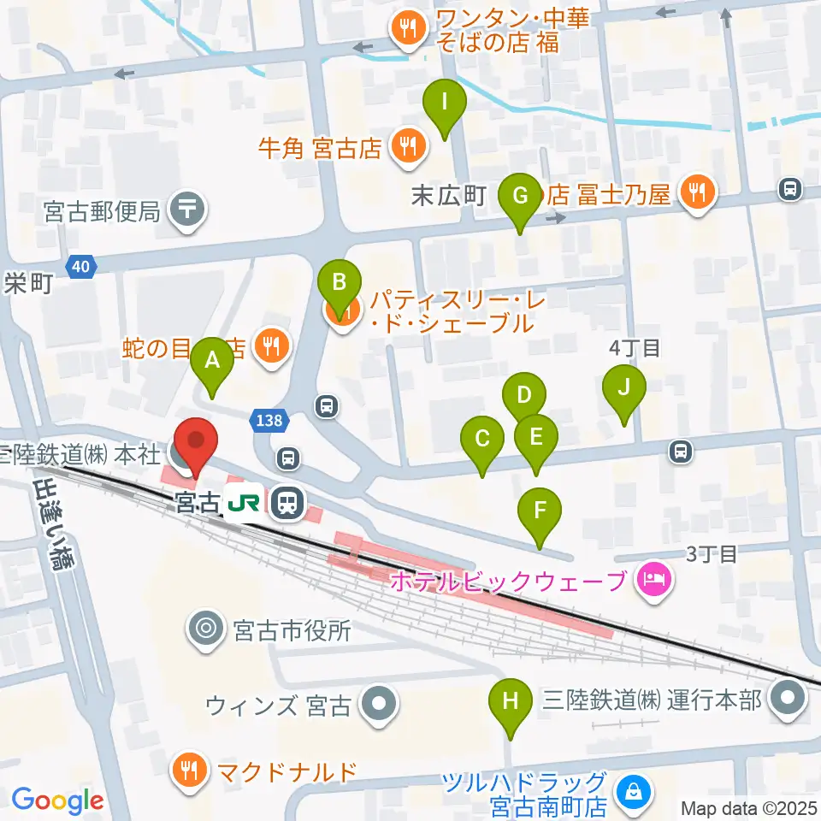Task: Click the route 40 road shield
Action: click(80, 268)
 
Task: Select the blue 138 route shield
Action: click(269, 419)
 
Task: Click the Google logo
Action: click(57, 800)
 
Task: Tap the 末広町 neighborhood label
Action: click(449, 196)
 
